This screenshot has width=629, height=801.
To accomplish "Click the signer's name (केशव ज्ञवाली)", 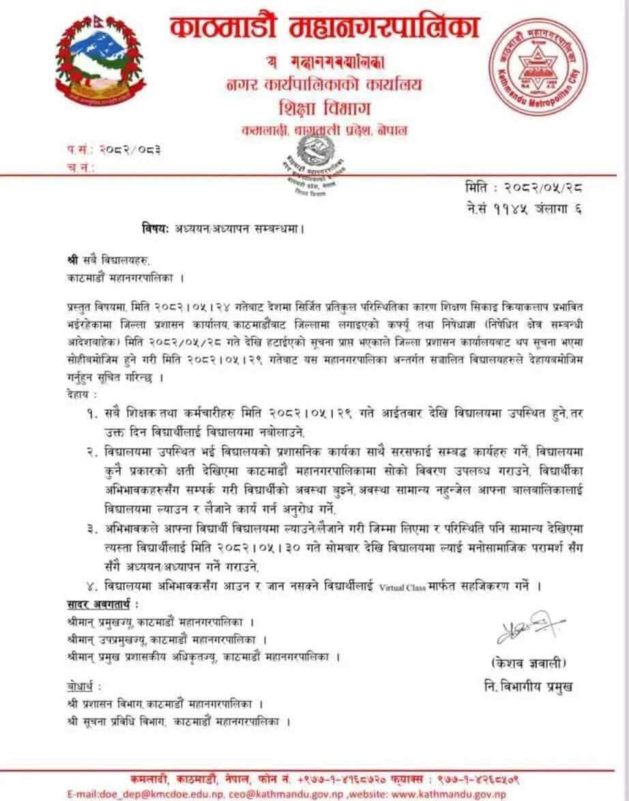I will click(x=526, y=663).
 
